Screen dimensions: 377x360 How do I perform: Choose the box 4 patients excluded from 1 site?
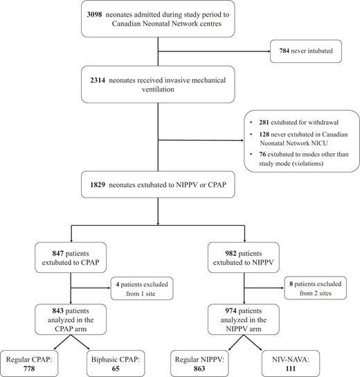coord(143,286)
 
